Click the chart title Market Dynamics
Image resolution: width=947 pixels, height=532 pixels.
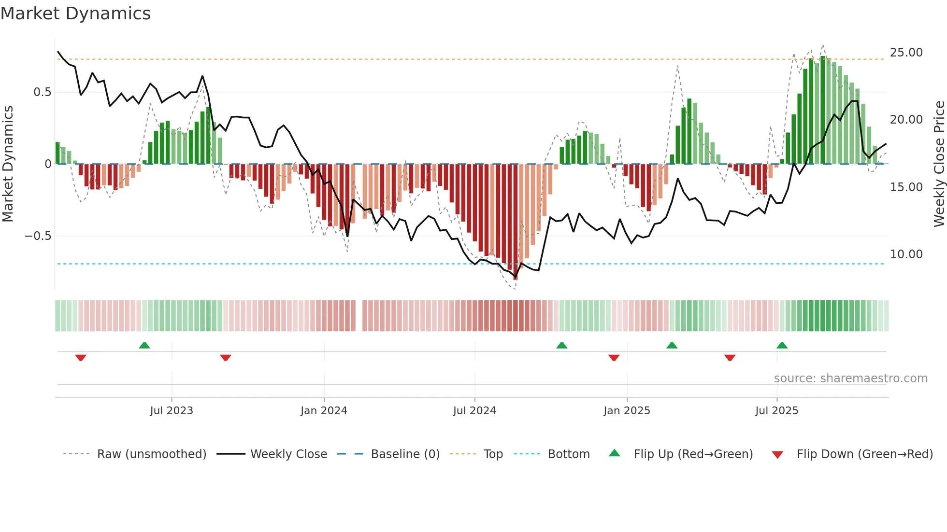76,14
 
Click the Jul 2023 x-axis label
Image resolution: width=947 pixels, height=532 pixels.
171,411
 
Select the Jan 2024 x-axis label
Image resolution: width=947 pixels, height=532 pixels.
324,411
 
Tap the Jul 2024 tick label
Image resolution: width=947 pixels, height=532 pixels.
474,411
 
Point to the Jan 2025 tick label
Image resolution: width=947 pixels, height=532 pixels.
627,411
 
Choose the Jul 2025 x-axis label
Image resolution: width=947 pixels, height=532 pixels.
776,411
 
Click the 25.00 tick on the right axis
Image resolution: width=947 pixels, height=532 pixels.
906,53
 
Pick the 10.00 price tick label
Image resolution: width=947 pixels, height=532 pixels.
906,254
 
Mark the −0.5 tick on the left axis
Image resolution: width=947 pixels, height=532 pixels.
38,236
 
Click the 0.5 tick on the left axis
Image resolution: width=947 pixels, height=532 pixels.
42,92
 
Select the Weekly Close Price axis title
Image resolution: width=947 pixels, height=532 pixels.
939,164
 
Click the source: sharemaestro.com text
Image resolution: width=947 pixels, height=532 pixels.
850,378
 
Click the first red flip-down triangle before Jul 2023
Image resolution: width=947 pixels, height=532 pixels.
81,358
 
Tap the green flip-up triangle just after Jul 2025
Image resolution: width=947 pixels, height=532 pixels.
782,345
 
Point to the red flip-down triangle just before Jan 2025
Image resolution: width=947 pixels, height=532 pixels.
614,358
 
